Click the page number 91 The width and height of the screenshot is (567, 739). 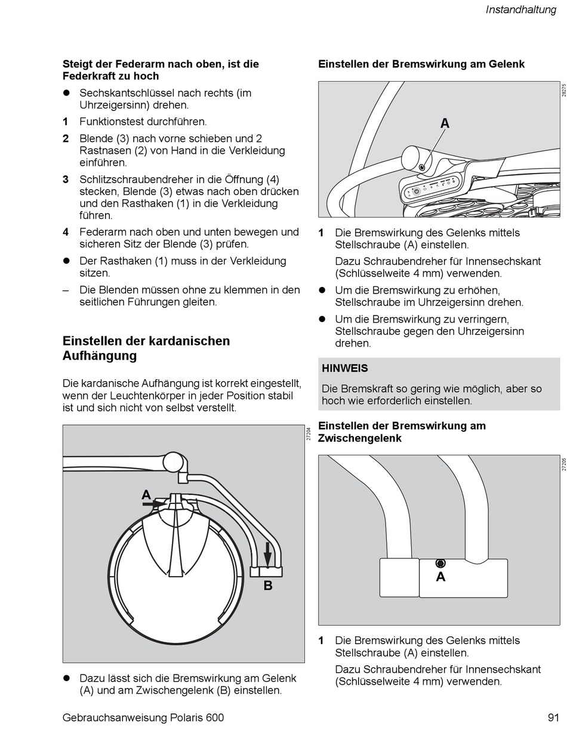coord(553,718)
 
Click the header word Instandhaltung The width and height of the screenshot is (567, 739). coord(520,10)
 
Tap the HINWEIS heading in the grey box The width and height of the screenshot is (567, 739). coord(345,368)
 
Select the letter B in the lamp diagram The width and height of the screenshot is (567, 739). coord(268,586)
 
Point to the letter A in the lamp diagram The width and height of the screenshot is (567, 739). coord(146,494)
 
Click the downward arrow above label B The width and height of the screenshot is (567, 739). coord(268,554)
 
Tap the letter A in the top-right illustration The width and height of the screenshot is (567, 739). coord(445,123)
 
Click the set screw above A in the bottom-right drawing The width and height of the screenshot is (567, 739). coord(440,563)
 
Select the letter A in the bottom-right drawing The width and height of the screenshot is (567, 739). coord(440,577)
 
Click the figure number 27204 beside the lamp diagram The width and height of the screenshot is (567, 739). coord(309,434)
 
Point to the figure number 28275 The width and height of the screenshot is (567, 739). coord(563,90)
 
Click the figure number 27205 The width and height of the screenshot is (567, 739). coord(563,464)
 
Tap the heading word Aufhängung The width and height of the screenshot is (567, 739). coord(100,356)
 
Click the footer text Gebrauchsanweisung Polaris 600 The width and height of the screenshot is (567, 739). coord(143,718)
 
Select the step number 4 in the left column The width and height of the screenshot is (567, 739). coord(66,232)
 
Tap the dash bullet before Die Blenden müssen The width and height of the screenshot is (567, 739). coord(66,290)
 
